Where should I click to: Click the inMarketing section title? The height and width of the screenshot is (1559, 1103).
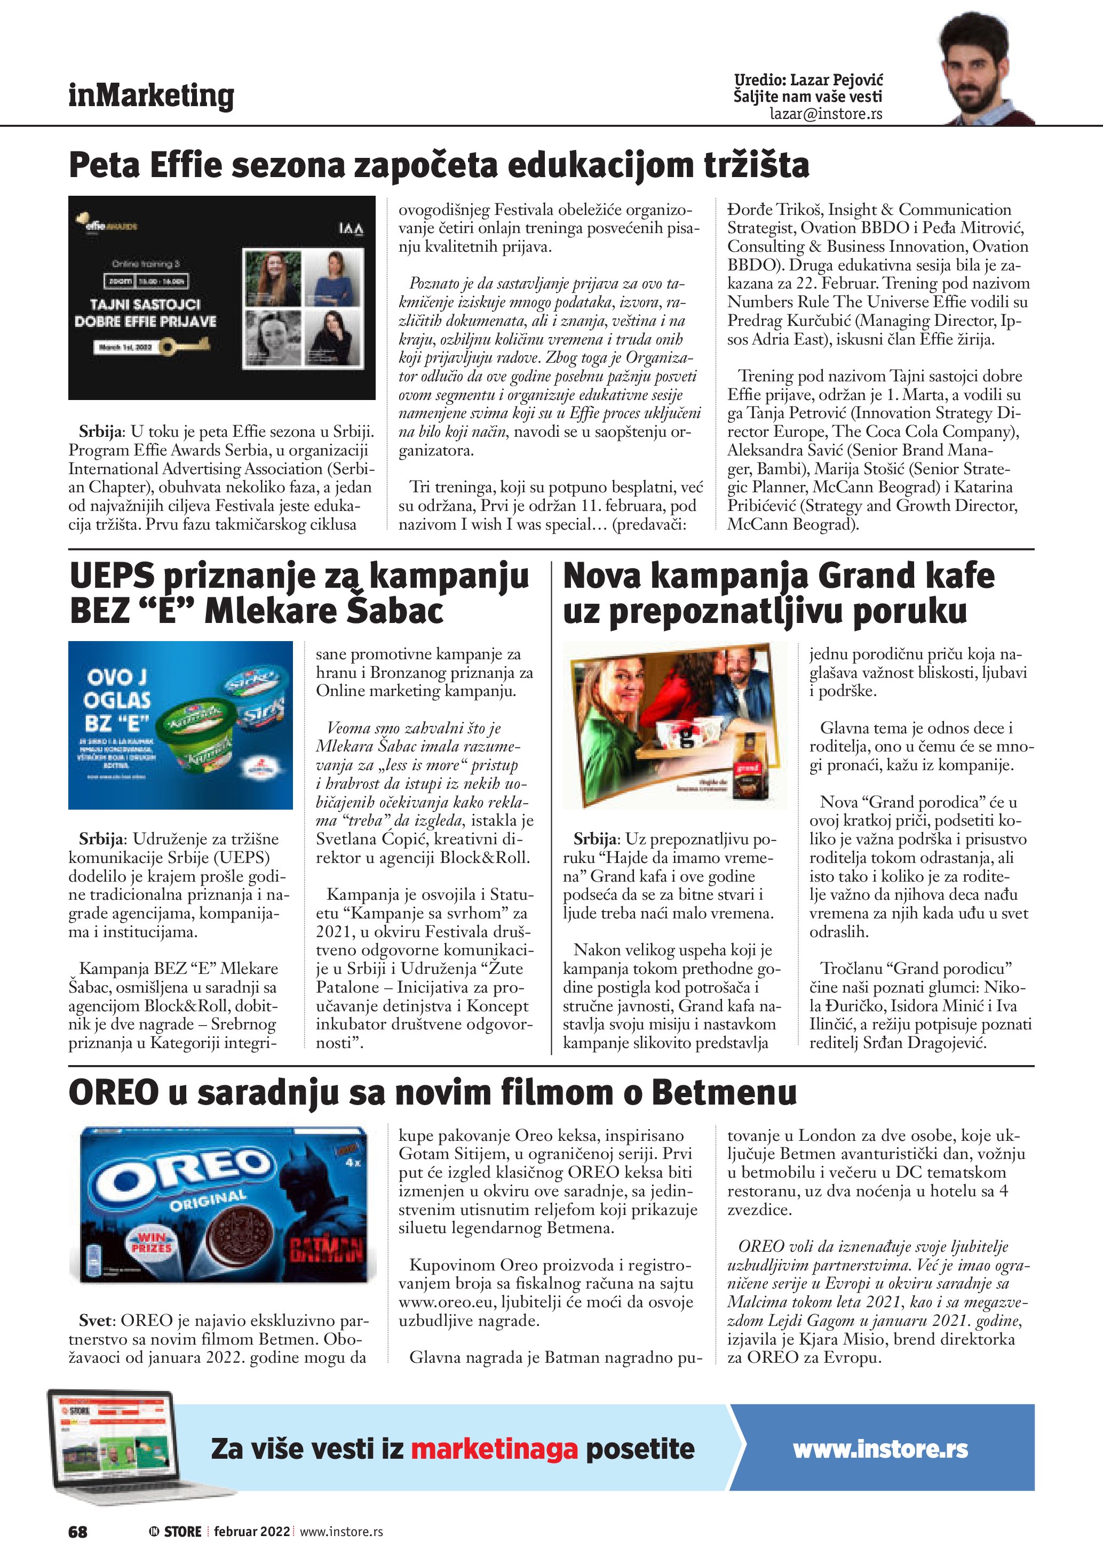pos(151,96)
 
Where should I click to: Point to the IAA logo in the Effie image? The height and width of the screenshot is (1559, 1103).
pos(351,229)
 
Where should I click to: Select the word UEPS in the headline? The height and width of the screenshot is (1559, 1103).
pos(112,577)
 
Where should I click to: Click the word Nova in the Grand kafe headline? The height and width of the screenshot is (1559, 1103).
pos(602,577)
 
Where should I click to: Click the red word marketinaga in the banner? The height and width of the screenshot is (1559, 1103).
pos(494,1449)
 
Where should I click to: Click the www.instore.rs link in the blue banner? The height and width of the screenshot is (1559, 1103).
pos(880,1449)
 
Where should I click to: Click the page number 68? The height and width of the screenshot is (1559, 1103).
pos(77,1532)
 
